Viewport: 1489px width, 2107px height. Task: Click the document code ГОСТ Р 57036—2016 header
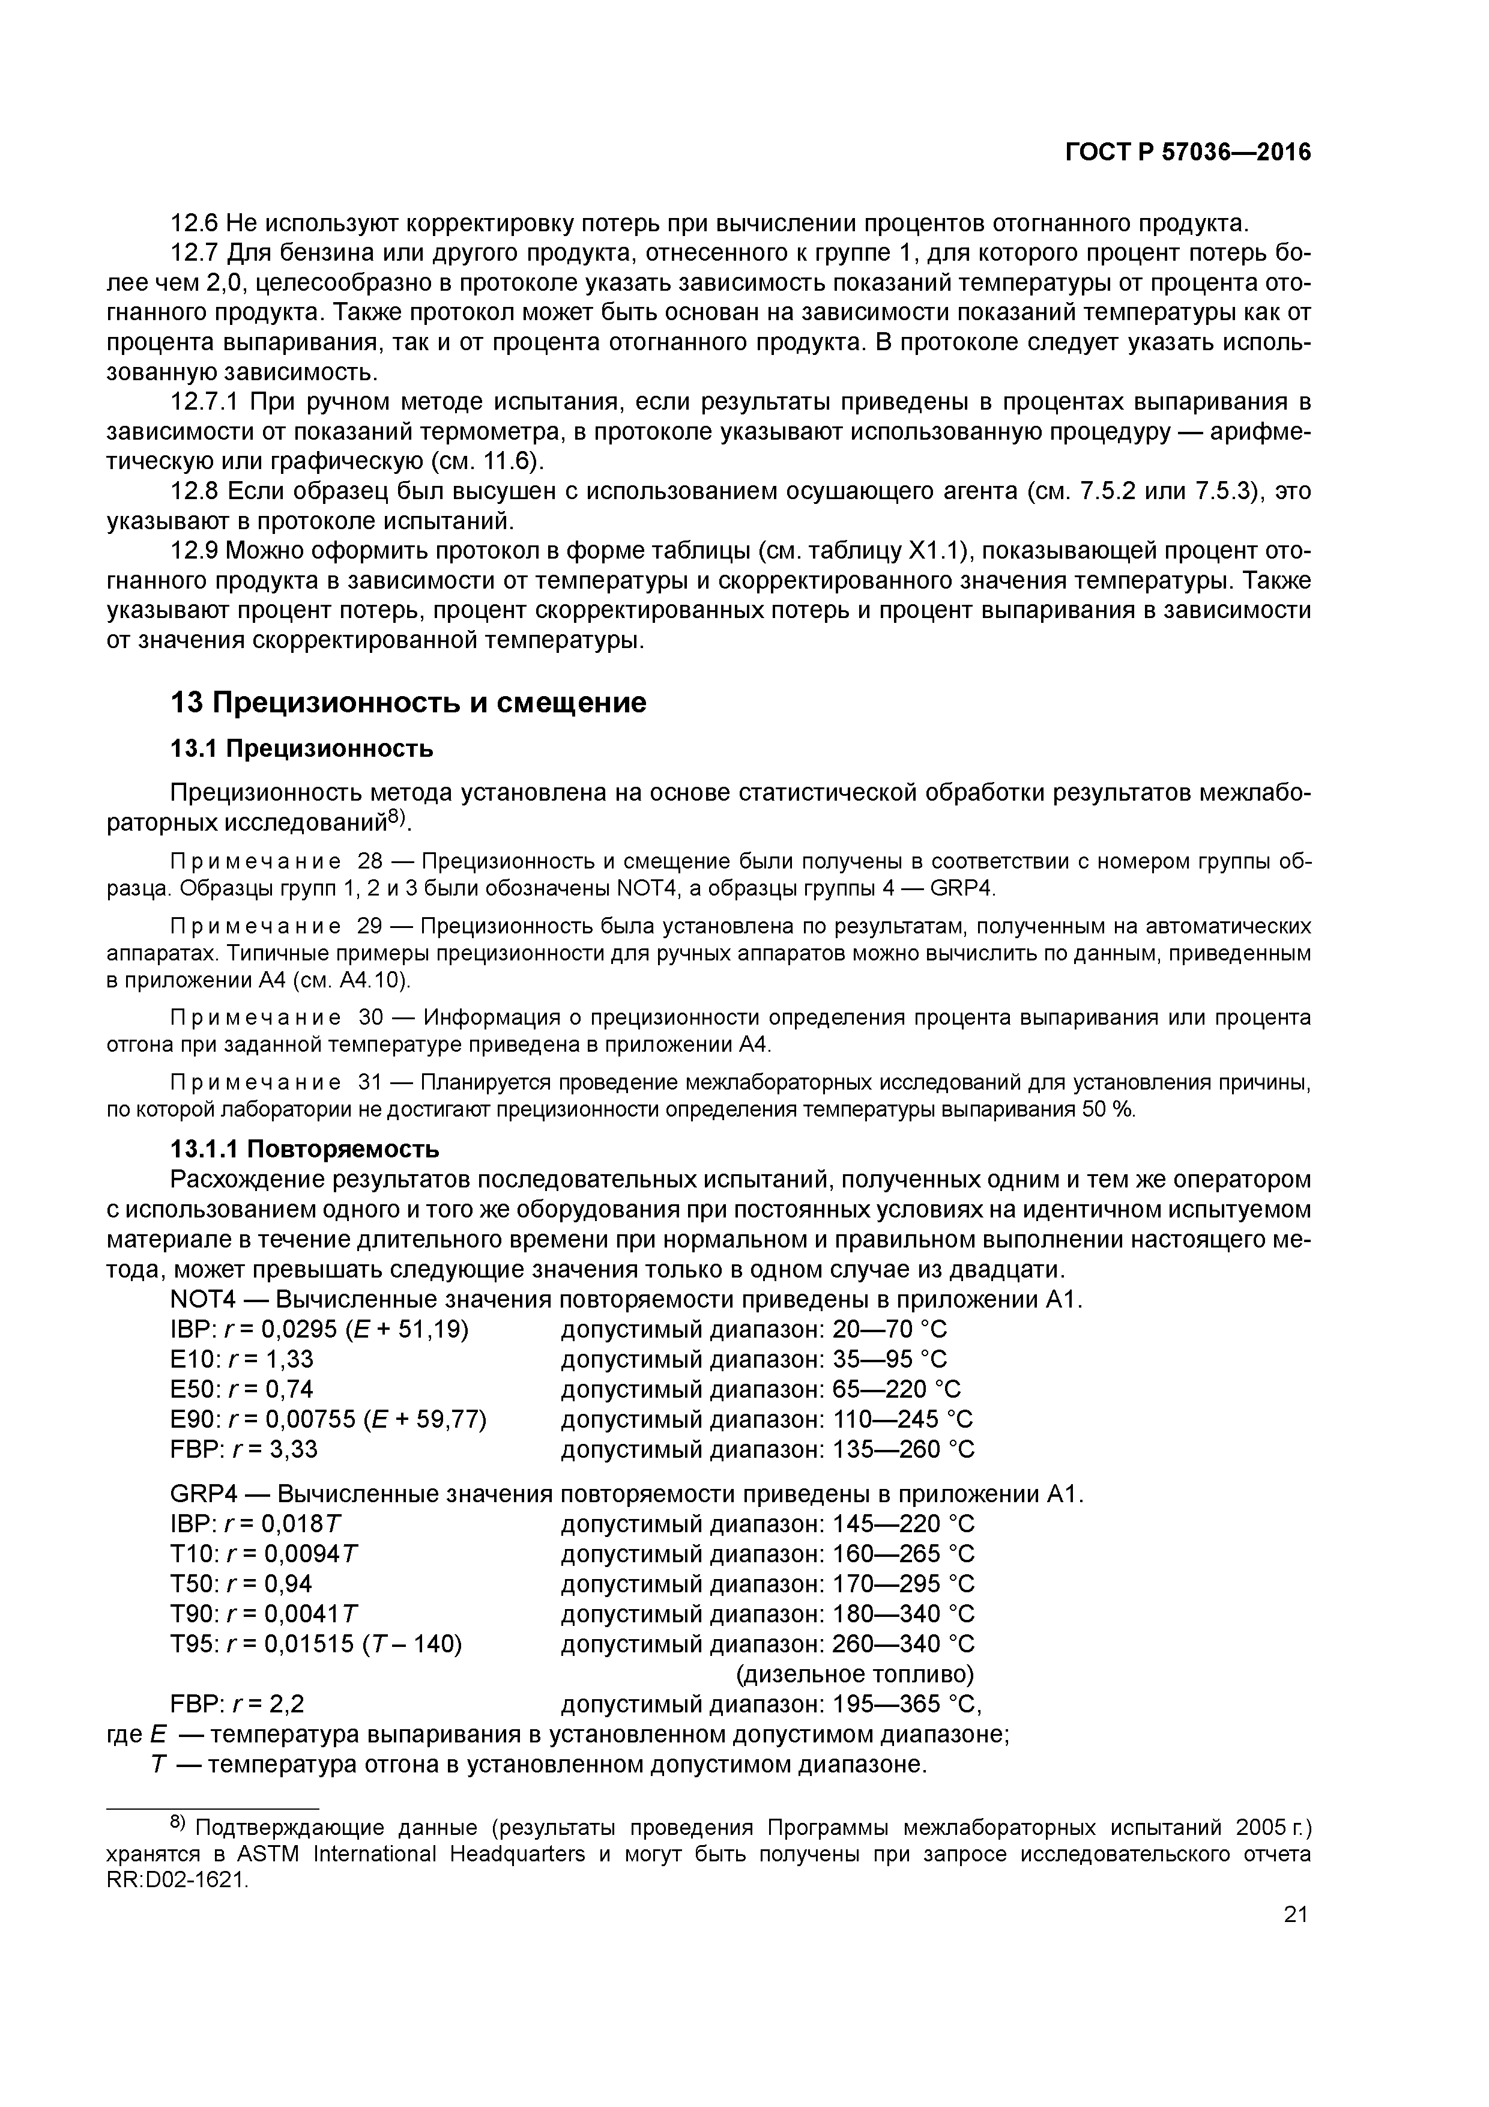[1188, 153]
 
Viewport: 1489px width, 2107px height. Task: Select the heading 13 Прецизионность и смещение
[408, 703]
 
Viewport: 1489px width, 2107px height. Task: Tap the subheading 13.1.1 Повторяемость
[304, 1149]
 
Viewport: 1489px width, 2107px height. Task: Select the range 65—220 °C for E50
[896, 1389]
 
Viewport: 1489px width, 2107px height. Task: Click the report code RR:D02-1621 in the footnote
[177, 1881]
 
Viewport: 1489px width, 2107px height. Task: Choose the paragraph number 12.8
[195, 492]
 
